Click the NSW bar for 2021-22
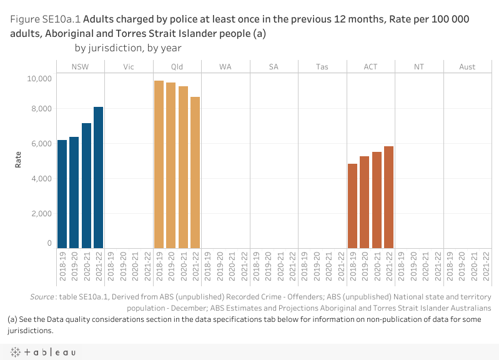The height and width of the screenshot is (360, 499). [x=99, y=177]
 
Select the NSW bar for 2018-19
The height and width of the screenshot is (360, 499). [x=62, y=194]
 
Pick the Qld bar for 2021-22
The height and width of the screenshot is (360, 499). [x=195, y=172]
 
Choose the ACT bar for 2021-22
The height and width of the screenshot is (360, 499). [x=389, y=197]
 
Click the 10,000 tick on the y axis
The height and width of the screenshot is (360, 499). [x=38, y=79]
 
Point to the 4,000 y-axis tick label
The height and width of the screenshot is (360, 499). [x=41, y=179]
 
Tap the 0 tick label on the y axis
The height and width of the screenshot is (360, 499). [x=48, y=244]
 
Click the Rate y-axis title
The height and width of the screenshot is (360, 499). [x=19, y=160]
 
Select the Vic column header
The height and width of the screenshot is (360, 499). [x=129, y=66]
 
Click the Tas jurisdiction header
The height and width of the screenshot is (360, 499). [x=322, y=66]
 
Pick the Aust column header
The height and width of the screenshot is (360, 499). [x=467, y=66]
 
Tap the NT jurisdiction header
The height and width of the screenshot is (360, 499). [x=419, y=66]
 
